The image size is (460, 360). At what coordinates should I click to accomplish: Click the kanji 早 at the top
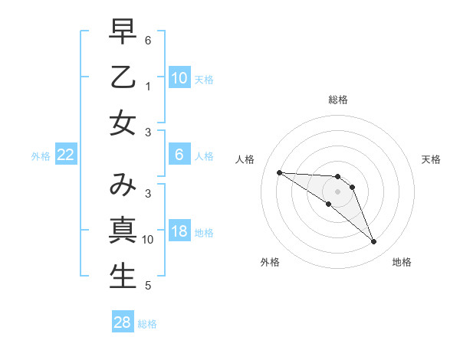point(123,31)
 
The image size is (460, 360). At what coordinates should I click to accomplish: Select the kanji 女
point(123,123)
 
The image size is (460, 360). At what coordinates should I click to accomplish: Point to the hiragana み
point(123,185)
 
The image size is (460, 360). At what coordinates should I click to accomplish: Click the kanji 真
point(123,231)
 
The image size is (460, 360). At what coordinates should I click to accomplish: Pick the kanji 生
point(123,276)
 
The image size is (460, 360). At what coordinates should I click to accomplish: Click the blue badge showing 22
point(66,155)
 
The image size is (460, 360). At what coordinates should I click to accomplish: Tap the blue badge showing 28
point(123,323)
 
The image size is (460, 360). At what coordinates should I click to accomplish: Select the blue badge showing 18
point(179,232)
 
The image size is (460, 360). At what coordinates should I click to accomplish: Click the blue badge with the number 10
point(179,78)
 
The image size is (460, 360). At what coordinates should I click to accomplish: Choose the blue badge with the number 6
point(179,155)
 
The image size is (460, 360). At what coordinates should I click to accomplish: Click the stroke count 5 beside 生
point(148,286)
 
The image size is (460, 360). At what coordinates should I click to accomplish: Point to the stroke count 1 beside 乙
point(148,87)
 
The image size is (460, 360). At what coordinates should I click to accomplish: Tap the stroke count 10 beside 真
point(148,240)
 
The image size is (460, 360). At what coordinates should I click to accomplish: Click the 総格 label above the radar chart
point(338,100)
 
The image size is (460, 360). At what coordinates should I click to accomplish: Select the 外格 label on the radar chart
point(269,262)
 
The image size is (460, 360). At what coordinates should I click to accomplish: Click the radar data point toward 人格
point(279,172)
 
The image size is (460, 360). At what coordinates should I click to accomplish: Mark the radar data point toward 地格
point(373,242)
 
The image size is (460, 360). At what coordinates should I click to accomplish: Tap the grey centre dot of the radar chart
point(338,191)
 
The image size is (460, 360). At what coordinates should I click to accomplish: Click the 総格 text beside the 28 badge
point(147,324)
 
